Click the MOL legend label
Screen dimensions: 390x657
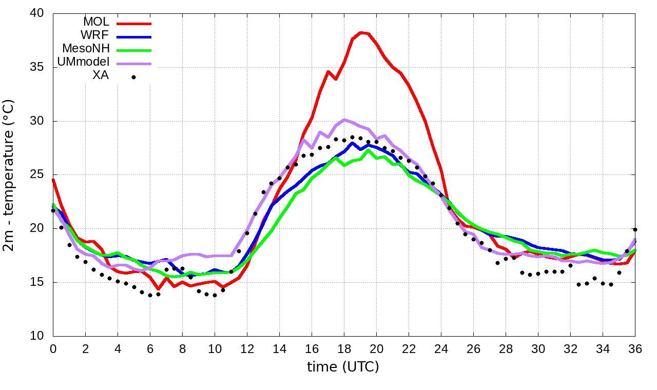(x=96, y=22)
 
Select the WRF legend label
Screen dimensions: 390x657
(x=95, y=35)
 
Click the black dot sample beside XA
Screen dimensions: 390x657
(x=133, y=77)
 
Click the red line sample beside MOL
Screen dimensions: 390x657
(x=134, y=24)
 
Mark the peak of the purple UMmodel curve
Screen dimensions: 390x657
(x=344, y=120)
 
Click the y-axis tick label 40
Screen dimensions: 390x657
(x=37, y=13)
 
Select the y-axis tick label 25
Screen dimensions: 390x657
(x=37, y=175)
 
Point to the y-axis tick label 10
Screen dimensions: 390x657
(x=37, y=336)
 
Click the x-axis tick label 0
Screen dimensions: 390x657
(x=53, y=348)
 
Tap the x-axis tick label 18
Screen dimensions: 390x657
(x=344, y=348)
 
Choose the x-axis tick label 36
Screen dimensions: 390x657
(x=635, y=348)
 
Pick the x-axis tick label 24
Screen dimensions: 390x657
(x=441, y=348)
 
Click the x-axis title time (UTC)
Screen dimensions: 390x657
(x=343, y=367)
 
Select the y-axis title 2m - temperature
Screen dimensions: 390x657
(x=9, y=175)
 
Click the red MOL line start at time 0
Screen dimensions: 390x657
(x=53, y=180)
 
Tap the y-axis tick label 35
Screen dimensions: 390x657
(x=37, y=67)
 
